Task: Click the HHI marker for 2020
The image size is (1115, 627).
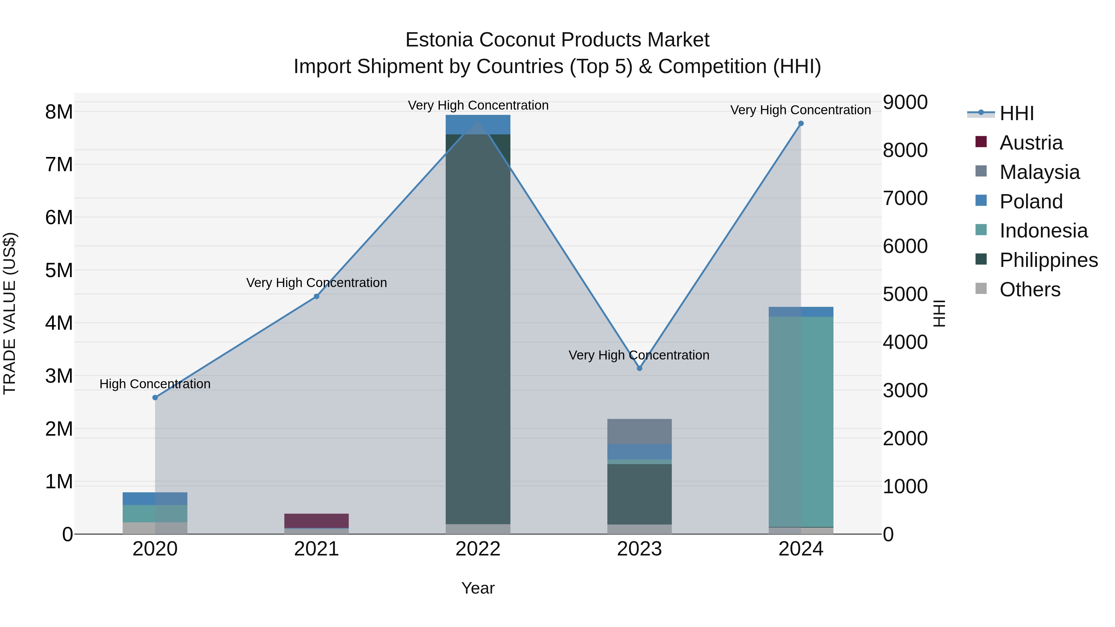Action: (x=155, y=398)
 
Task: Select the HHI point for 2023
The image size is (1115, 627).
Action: (x=639, y=368)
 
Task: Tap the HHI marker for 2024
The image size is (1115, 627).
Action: (x=801, y=124)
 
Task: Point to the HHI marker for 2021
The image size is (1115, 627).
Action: (x=317, y=296)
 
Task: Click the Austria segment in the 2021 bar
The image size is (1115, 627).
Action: (x=317, y=520)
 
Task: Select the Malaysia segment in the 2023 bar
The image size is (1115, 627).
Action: (x=639, y=431)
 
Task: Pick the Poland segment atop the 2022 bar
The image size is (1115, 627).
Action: (x=478, y=124)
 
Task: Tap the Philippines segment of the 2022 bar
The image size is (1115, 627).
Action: (x=478, y=329)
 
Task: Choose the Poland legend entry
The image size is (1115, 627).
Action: (x=1030, y=202)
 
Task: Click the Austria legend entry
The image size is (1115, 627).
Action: (x=1030, y=143)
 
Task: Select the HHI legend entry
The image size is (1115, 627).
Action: (x=1016, y=113)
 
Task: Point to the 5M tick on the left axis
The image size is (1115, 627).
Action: (x=59, y=270)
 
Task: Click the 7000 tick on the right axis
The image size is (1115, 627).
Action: (x=905, y=198)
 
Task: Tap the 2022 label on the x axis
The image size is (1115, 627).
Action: (x=478, y=549)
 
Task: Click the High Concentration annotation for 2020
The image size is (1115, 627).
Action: (x=155, y=384)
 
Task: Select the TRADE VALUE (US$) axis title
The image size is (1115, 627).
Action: (x=10, y=313)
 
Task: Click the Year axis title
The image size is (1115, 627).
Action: (x=478, y=588)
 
